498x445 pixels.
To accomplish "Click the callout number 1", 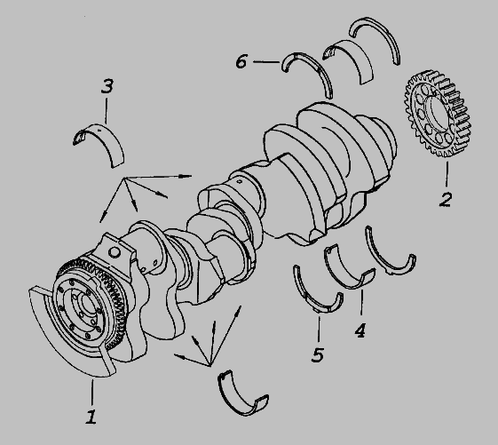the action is coord(91,417).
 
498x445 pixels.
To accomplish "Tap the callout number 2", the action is coord(446,199).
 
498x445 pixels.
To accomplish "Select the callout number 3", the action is coord(107,86).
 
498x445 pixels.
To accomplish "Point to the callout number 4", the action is coord(360,330).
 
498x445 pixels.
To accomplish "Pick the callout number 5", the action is coord(318,354).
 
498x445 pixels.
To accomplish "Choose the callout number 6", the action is coord(241,61).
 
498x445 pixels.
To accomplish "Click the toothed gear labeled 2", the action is coord(437,114).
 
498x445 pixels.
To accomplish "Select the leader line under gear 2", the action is coord(447,174).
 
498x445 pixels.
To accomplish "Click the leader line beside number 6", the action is coord(266,61).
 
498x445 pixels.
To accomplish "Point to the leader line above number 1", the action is coord(92,393).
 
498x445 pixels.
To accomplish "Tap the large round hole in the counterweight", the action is coord(115,253).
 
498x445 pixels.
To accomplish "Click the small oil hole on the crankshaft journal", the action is coord(240,182).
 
